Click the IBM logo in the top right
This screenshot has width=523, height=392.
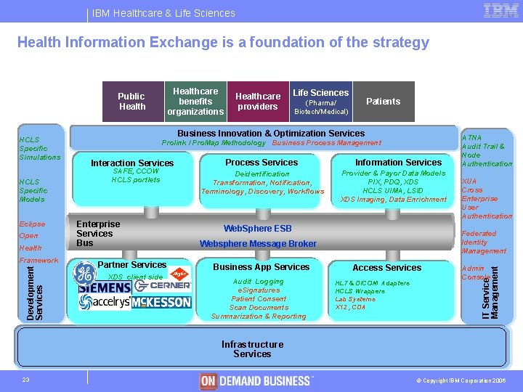(500, 11)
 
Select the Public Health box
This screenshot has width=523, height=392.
(131, 102)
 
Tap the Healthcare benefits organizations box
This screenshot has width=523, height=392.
(195, 102)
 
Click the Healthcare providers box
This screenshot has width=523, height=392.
(258, 102)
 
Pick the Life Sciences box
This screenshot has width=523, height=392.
(320, 102)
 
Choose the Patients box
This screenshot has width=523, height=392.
(384, 102)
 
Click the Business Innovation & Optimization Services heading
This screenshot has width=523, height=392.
(271, 134)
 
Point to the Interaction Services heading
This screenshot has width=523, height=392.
(132, 163)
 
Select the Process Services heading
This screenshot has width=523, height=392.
(261, 163)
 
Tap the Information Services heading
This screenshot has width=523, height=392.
(398, 163)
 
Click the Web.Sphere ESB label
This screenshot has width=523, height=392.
(258, 229)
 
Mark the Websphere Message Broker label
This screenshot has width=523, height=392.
(258, 244)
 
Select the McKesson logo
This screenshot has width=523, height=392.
(162, 301)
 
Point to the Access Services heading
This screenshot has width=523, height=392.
(386, 268)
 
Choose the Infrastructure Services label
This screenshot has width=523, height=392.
(252, 349)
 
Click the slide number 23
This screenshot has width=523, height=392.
(25, 380)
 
